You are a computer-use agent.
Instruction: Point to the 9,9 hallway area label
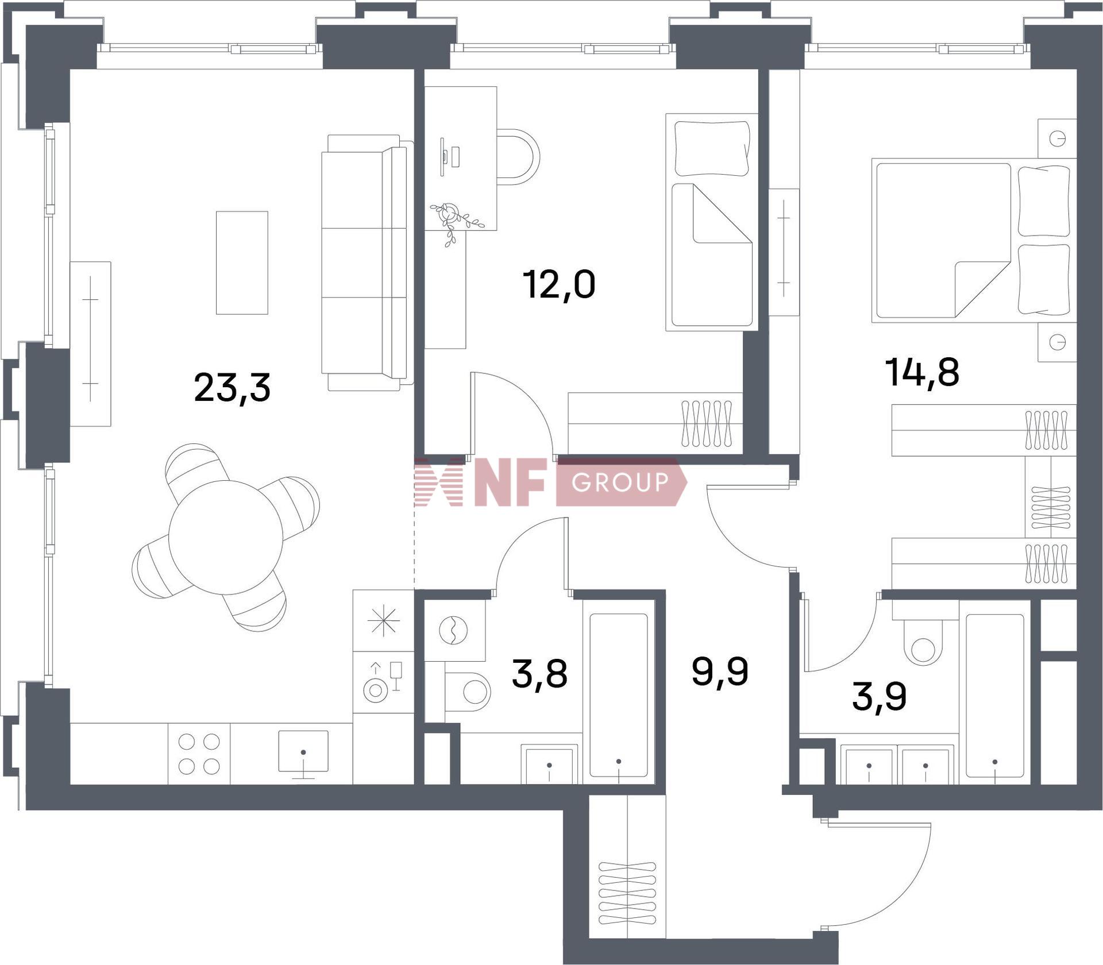[x=720, y=671]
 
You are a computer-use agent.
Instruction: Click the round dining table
[x=226, y=537]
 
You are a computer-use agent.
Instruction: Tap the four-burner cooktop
[x=199, y=754]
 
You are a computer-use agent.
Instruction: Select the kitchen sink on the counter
[x=303, y=751]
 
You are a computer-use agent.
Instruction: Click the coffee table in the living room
[x=242, y=263]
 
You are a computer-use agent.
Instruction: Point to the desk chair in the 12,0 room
[x=519, y=156]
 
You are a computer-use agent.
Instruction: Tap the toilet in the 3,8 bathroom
[x=468, y=692]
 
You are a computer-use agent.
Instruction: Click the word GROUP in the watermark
[x=620, y=482]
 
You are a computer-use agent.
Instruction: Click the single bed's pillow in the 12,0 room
[x=712, y=148]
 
